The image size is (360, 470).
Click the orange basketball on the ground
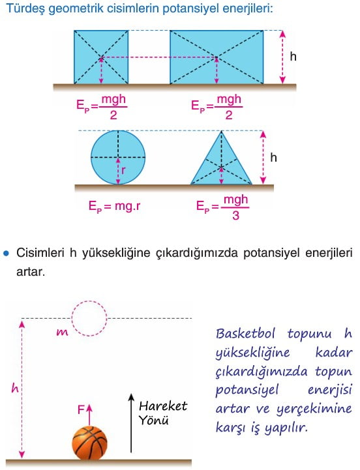click(x=89, y=443)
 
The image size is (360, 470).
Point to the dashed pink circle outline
click(x=72, y=318)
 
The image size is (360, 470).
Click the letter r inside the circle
click(x=123, y=171)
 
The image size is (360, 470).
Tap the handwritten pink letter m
click(x=62, y=332)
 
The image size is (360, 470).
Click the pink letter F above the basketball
click(x=80, y=409)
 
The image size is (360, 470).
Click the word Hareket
click(x=163, y=406)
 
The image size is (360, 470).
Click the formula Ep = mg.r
click(x=114, y=206)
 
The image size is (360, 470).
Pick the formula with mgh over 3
click(x=222, y=207)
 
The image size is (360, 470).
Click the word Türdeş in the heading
click(x=25, y=8)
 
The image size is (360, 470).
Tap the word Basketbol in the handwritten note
click(x=245, y=333)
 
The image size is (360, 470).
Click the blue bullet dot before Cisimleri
click(x=6, y=254)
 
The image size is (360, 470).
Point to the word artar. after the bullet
click(x=31, y=272)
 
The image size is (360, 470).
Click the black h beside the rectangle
click(x=293, y=56)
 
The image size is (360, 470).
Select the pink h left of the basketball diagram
click(x=15, y=388)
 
